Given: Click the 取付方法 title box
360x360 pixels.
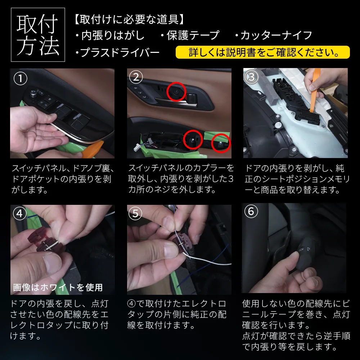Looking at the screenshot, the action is click(x=38, y=35).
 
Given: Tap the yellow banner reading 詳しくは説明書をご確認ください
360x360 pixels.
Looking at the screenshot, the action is click(x=263, y=52).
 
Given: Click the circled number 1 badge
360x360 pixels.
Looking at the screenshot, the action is click(x=21, y=78).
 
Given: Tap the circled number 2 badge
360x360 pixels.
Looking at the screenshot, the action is click(x=136, y=77).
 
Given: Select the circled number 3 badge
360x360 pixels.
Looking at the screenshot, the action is click(x=252, y=77).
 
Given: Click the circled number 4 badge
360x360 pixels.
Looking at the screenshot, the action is click(x=19, y=213).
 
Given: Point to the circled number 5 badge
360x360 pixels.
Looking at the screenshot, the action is click(x=135, y=213).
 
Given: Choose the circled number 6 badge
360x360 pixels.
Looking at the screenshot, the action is click(x=251, y=211).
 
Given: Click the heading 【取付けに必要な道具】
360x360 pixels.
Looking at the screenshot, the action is click(x=130, y=19).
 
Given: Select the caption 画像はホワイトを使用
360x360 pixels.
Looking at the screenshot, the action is click(x=58, y=287).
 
